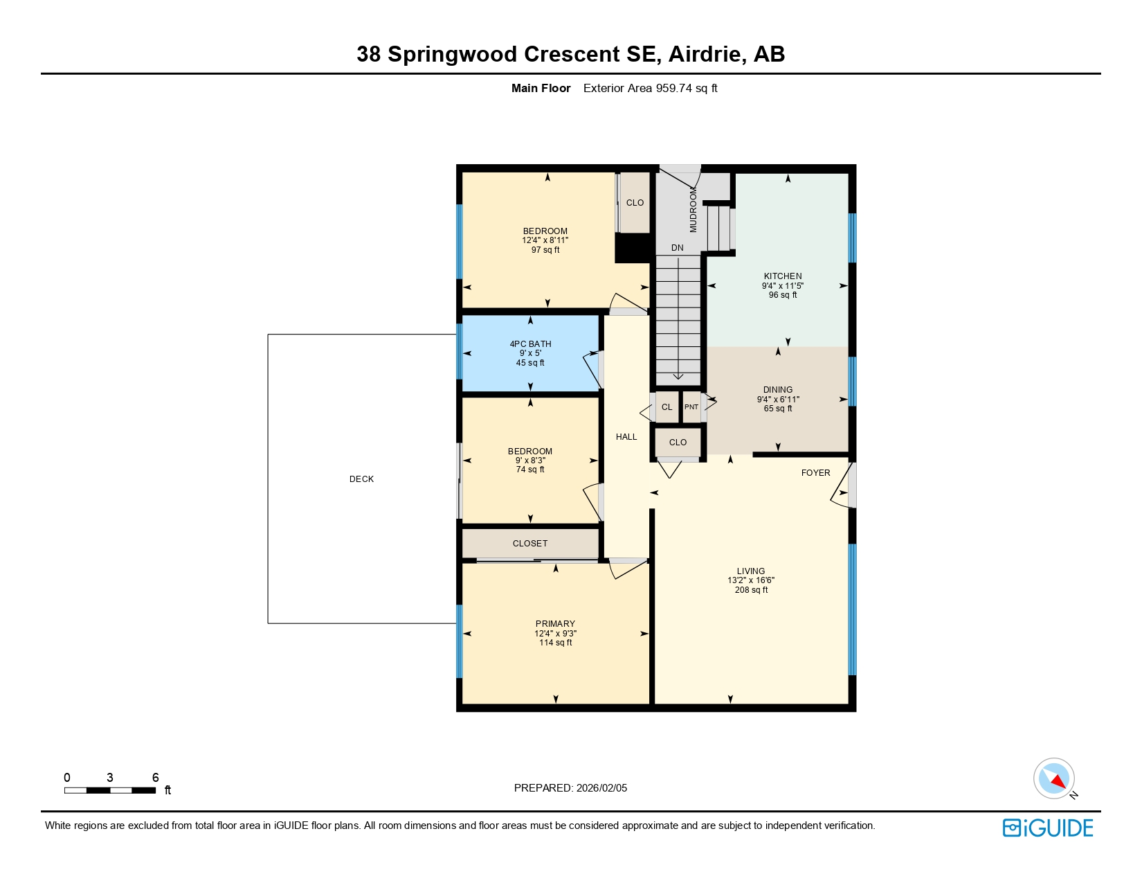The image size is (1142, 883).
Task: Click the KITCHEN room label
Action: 783,276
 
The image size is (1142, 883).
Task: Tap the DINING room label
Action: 778,390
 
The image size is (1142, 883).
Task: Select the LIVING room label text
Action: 751,571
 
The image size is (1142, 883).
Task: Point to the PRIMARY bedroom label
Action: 555,624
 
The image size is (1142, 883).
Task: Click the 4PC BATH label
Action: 530,344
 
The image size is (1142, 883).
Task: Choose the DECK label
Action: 361,479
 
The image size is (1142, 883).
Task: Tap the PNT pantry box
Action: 691,407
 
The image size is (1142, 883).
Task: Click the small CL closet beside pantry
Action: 667,407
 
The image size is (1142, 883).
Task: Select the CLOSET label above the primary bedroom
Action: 530,544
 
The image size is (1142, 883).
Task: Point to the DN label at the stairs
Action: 677,248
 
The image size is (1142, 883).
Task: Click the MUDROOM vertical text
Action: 694,209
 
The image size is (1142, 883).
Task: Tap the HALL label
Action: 626,437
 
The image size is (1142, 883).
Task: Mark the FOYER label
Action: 815,473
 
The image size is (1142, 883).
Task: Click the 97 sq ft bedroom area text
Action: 545,250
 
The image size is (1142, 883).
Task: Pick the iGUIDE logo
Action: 1048,828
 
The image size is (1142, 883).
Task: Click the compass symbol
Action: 1054,778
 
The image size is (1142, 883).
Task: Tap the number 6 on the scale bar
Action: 156,778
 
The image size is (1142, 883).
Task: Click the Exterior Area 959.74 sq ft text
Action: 650,89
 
